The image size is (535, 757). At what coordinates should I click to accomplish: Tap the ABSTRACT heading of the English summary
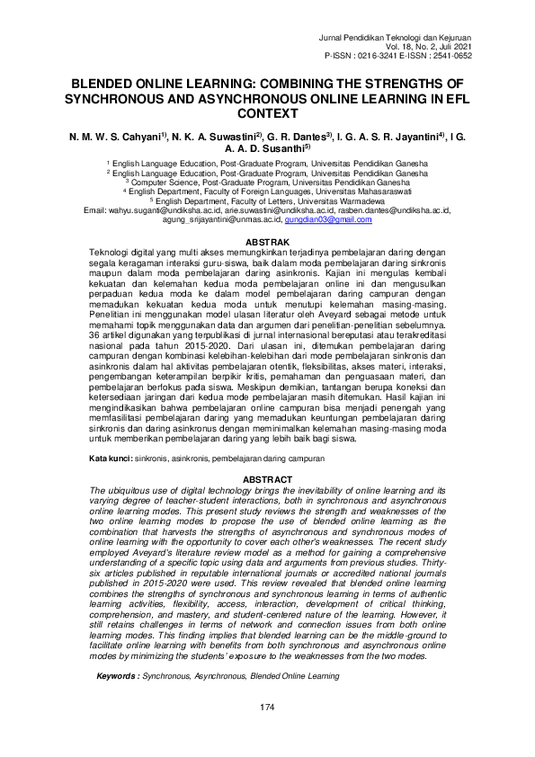coord(267,480)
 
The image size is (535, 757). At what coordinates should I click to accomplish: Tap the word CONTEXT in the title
coord(267,114)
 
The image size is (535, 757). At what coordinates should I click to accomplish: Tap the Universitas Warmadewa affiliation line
coord(267,202)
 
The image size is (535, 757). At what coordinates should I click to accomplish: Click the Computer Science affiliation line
coord(267,183)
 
